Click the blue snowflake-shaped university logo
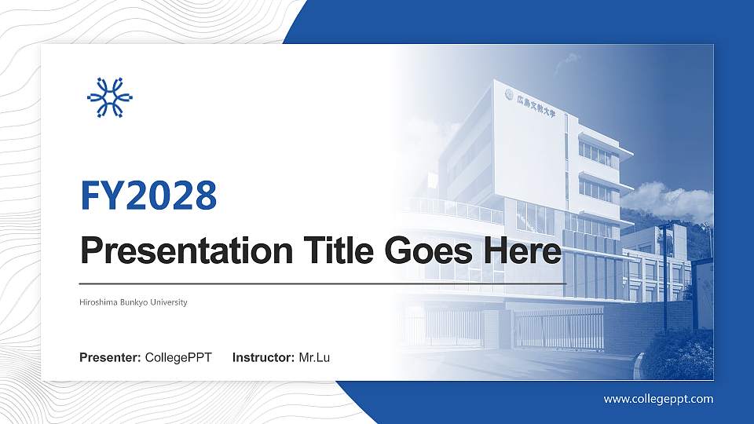(110, 97)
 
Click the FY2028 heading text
(148, 196)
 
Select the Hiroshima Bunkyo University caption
(134, 302)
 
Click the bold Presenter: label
(111, 358)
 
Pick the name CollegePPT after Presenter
(178, 358)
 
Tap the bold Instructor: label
(264, 358)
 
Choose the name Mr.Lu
(314, 358)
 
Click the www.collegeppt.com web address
(658, 399)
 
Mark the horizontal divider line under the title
(323, 283)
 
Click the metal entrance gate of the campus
(558, 328)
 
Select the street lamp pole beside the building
(664, 275)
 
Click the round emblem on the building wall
(509, 94)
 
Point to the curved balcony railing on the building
(456, 208)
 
